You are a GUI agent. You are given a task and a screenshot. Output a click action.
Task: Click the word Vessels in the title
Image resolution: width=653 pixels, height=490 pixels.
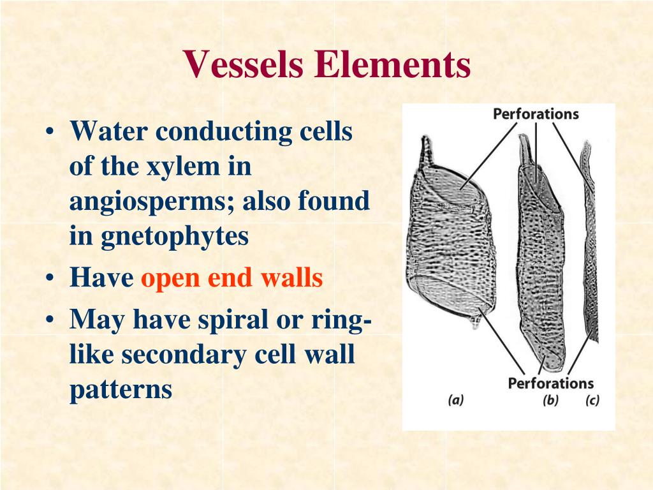pos(242,65)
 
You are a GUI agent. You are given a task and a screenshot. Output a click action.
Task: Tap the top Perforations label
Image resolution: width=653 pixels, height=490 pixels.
pos(535,114)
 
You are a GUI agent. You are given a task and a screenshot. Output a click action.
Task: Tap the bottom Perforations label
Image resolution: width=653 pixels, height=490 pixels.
pos(550,383)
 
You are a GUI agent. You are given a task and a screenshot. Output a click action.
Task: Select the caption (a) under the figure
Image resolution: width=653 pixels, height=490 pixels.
pos(455,401)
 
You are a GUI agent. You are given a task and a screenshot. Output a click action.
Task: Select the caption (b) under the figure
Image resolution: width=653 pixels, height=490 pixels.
pos(550,401)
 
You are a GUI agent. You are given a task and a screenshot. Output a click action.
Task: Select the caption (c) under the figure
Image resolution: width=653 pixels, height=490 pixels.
pos(592,401)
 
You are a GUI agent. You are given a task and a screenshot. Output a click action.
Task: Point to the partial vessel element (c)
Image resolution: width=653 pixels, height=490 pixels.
pos(591,255)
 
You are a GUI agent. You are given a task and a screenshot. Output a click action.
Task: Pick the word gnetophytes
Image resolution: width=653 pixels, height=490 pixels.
pos(174,236)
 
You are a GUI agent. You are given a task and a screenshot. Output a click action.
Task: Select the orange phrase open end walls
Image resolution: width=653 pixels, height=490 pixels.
pos(232,278)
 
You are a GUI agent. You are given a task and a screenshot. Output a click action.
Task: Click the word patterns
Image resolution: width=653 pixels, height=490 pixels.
pos(121,389)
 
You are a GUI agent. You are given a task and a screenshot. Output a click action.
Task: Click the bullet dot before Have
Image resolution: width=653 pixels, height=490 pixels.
pos(50,279)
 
